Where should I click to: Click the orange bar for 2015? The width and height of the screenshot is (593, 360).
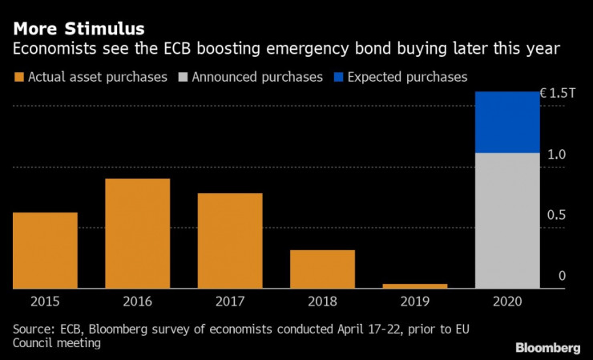[45, 250]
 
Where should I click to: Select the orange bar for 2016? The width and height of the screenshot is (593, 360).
[138, 233]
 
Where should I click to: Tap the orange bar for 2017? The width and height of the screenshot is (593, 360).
[230, 241]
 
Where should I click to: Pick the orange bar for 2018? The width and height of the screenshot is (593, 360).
[322, 269]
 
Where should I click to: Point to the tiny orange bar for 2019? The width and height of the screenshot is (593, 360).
[415, 285]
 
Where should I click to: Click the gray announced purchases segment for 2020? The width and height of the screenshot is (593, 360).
[507, 220]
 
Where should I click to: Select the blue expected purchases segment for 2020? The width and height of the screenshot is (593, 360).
[507, 122]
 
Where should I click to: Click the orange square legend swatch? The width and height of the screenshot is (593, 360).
[18, 78]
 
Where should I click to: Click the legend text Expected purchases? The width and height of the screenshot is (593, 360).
[408, 78]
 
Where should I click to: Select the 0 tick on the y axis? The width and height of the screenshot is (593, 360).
[562, 277]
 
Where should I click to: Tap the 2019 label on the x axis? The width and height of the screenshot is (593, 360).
[415, 302]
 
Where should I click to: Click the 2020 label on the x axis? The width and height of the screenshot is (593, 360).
[507, 302]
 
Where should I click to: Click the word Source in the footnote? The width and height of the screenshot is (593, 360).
[30, 329]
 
